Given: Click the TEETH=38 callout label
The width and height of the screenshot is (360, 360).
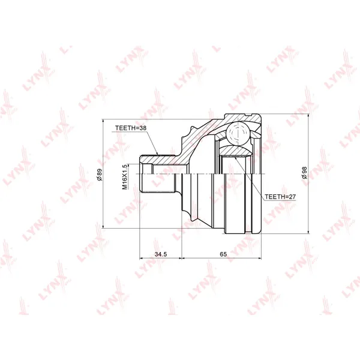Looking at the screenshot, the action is (131, 128).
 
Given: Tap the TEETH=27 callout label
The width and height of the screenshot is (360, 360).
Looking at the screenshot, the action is (280, 197).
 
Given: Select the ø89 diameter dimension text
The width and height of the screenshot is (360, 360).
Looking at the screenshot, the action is (100, 175).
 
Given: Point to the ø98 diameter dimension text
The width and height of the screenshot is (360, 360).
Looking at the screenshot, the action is (304, 173).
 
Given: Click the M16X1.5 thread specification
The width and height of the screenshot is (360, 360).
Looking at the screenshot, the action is (125, 177).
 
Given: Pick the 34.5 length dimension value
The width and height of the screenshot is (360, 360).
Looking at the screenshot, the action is (161, 254).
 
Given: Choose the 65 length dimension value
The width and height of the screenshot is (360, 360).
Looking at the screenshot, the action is (223, 254).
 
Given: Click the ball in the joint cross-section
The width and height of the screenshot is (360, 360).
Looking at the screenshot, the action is (238, 133).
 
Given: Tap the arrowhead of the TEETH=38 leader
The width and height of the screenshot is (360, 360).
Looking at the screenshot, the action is (157, 154).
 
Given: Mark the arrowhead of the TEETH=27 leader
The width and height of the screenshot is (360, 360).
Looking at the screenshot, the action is (236, 158).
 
